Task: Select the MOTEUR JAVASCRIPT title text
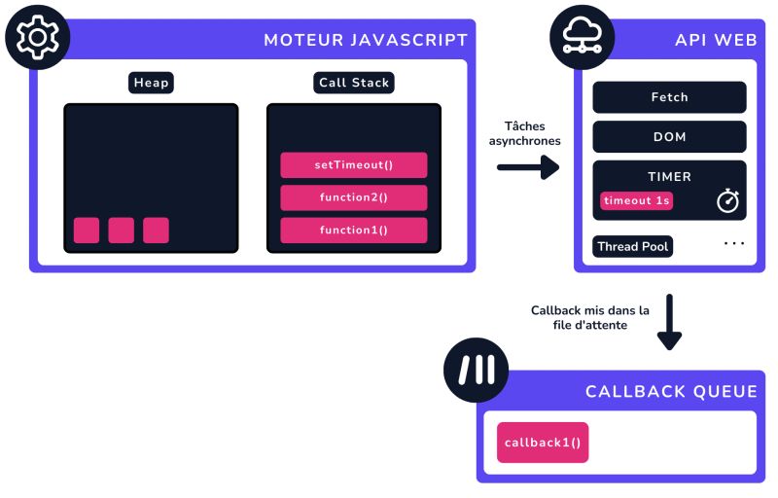pyautogui.click(x=366, y=40)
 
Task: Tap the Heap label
pyautogui.click(x=151, y=83)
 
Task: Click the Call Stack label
pyautogui.click(x=353, y=83)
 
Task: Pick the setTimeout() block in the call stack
pyautogui.click(x=354, y=165)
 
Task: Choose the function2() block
pyautogui.click(x=354, y=198)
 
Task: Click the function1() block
pyautogui.click(x=354, y=231)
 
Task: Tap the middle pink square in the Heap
pyautogui.click(x=122, y=231)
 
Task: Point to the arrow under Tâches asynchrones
pyautogui.click(x=528, y=167)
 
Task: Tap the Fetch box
pyautogui.click(x=669, y=97)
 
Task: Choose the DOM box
pyautogui.click(x=669, y=136)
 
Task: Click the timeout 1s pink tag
pyautogui.click(x=637, y=201)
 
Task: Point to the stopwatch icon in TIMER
pyautogui.click(x=728, y=200)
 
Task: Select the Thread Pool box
pyautogui.click(x=633, y=246)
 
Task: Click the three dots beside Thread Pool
pyautogui.click(x=733, y=243)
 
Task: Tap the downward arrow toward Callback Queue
pyautogui.click(x=669, y=325)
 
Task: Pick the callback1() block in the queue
pyautogui.click(x=543, y=443)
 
